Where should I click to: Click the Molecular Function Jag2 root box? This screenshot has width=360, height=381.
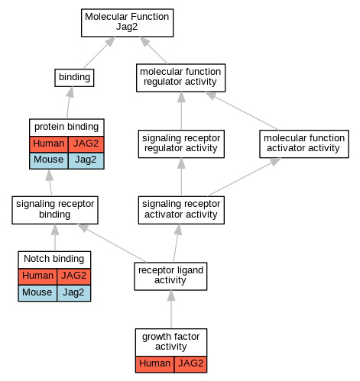click(127, 23)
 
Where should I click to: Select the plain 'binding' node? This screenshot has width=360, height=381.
click(74, 78)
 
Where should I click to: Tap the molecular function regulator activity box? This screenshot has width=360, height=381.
click(180, 78)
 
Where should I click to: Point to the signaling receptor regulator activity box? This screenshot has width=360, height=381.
click(181, 144)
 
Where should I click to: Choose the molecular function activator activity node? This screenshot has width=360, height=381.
click(304, 144)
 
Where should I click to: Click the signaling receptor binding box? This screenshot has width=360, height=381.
click(55, 210)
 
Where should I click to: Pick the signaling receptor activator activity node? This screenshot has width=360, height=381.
click(181, 210)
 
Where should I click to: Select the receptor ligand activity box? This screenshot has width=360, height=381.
click(170, 276)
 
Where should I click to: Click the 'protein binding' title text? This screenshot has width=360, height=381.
click(66, 127)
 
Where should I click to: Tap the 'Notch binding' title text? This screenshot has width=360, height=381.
click(54, 259)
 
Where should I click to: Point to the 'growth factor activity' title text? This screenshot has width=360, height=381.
click(170, 341)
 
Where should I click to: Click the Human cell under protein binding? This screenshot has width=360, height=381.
click(49, 144)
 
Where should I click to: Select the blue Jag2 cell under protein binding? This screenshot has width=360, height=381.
click(86, 160)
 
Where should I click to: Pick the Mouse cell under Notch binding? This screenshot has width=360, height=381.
click(37, 293)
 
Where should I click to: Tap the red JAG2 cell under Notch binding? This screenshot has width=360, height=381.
click(74, 276)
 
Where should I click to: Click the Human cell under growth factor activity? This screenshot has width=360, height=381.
click(154, 364)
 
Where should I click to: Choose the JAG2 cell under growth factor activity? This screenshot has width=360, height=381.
click(190, 364)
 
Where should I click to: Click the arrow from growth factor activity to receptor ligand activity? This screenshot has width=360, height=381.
click(171, 309)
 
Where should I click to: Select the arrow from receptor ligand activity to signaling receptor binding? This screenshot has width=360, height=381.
click(112, 243)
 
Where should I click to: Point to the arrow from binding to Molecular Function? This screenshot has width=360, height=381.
click(99, 53)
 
